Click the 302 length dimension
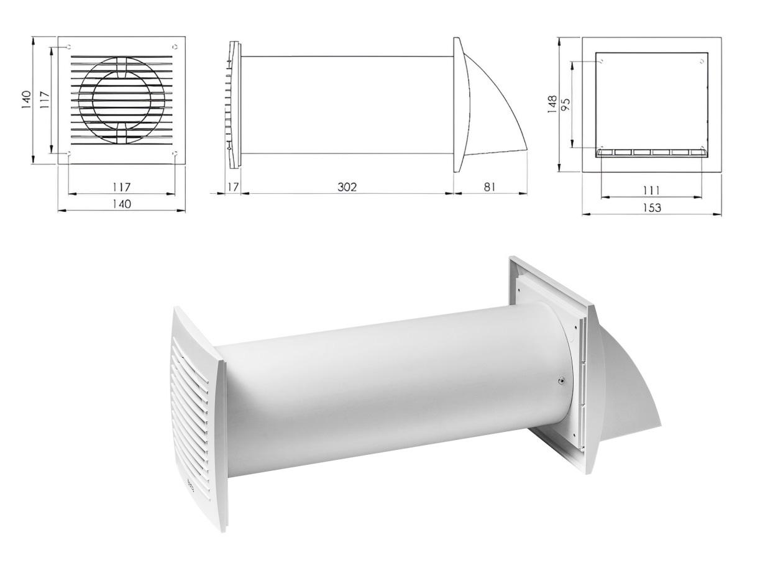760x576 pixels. [x=347, y=186]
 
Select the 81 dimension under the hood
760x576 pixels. [x=490, y=186]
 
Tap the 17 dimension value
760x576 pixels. [x=233, y=186]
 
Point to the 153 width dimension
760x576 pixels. [x=651, y=208]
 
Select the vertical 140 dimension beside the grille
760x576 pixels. [x=25, y=99]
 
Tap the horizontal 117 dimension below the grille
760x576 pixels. [x=121, y=186]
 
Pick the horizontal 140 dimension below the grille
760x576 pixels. [x=121, y=203]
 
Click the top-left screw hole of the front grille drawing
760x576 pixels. [x=68, y=47]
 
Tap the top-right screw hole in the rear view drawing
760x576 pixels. [x=702, y=61]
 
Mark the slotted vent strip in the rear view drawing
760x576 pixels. [x=651, y=152]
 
